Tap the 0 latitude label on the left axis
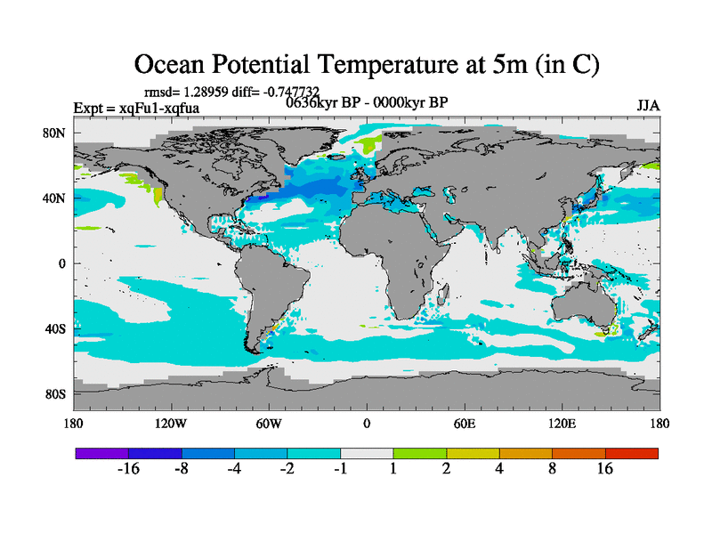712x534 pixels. tap(63, 263)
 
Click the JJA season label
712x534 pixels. tap(648, 105)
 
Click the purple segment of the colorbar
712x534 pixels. tap(101, 453)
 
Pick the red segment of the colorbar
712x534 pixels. tap(632, 453)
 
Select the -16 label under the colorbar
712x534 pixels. tap(129, 470)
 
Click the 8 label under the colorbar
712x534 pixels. tap(553, 470)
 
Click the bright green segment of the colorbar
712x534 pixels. tap(420, 453)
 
